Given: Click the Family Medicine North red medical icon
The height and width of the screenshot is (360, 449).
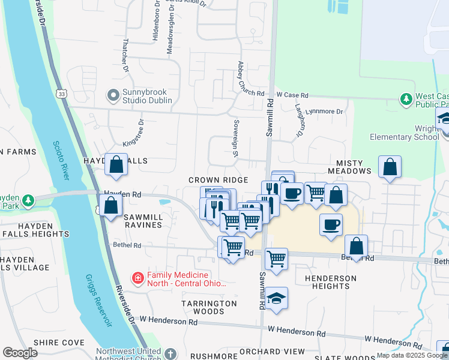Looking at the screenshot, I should [x=137, y=278].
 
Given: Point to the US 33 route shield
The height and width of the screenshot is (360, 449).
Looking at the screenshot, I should [x=61, y=94].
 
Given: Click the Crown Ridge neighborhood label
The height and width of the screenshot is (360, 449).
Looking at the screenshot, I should [x=218, y=180].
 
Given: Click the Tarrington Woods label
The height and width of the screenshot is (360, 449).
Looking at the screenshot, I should [x=209, y=307].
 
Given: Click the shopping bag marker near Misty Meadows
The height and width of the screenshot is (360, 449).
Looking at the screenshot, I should [x=390, y=167].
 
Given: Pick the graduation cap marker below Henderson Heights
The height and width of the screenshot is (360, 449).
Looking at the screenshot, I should [x=276, y=299].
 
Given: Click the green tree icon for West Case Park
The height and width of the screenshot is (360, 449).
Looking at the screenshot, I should [x=406, y=98].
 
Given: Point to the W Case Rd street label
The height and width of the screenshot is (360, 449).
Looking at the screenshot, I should [x=292, y=95].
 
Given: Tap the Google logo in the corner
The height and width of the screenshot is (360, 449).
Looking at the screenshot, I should [x=20, y=353].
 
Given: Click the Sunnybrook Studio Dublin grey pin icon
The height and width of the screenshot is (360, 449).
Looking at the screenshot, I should [x=112, y=95].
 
